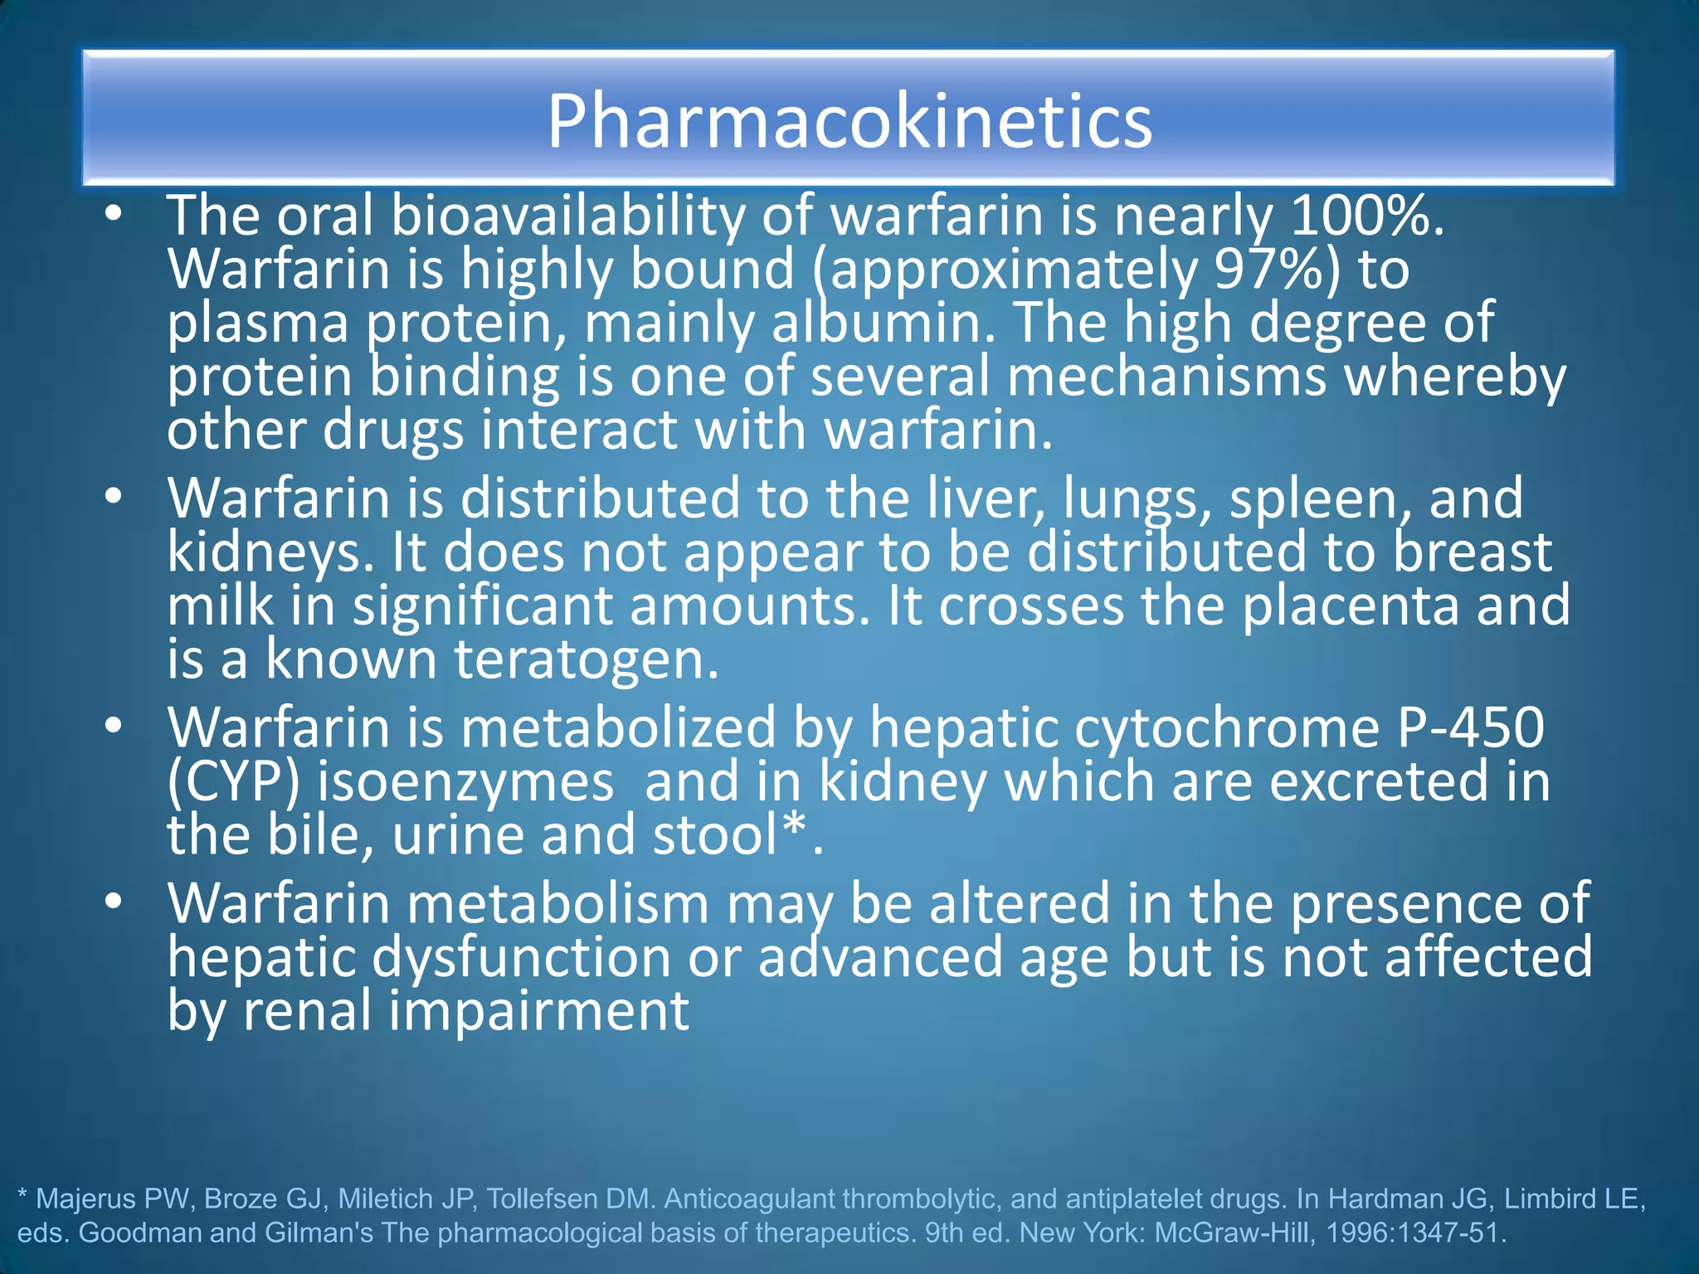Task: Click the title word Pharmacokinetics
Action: [849, 122]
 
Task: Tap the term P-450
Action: [1471, 727]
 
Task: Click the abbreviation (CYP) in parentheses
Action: [233, 782]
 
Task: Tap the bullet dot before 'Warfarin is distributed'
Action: [114, 497]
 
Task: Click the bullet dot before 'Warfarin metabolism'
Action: [114, 901]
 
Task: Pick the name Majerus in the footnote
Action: [86, 1199]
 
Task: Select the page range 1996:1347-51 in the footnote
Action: [1414, 1233]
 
